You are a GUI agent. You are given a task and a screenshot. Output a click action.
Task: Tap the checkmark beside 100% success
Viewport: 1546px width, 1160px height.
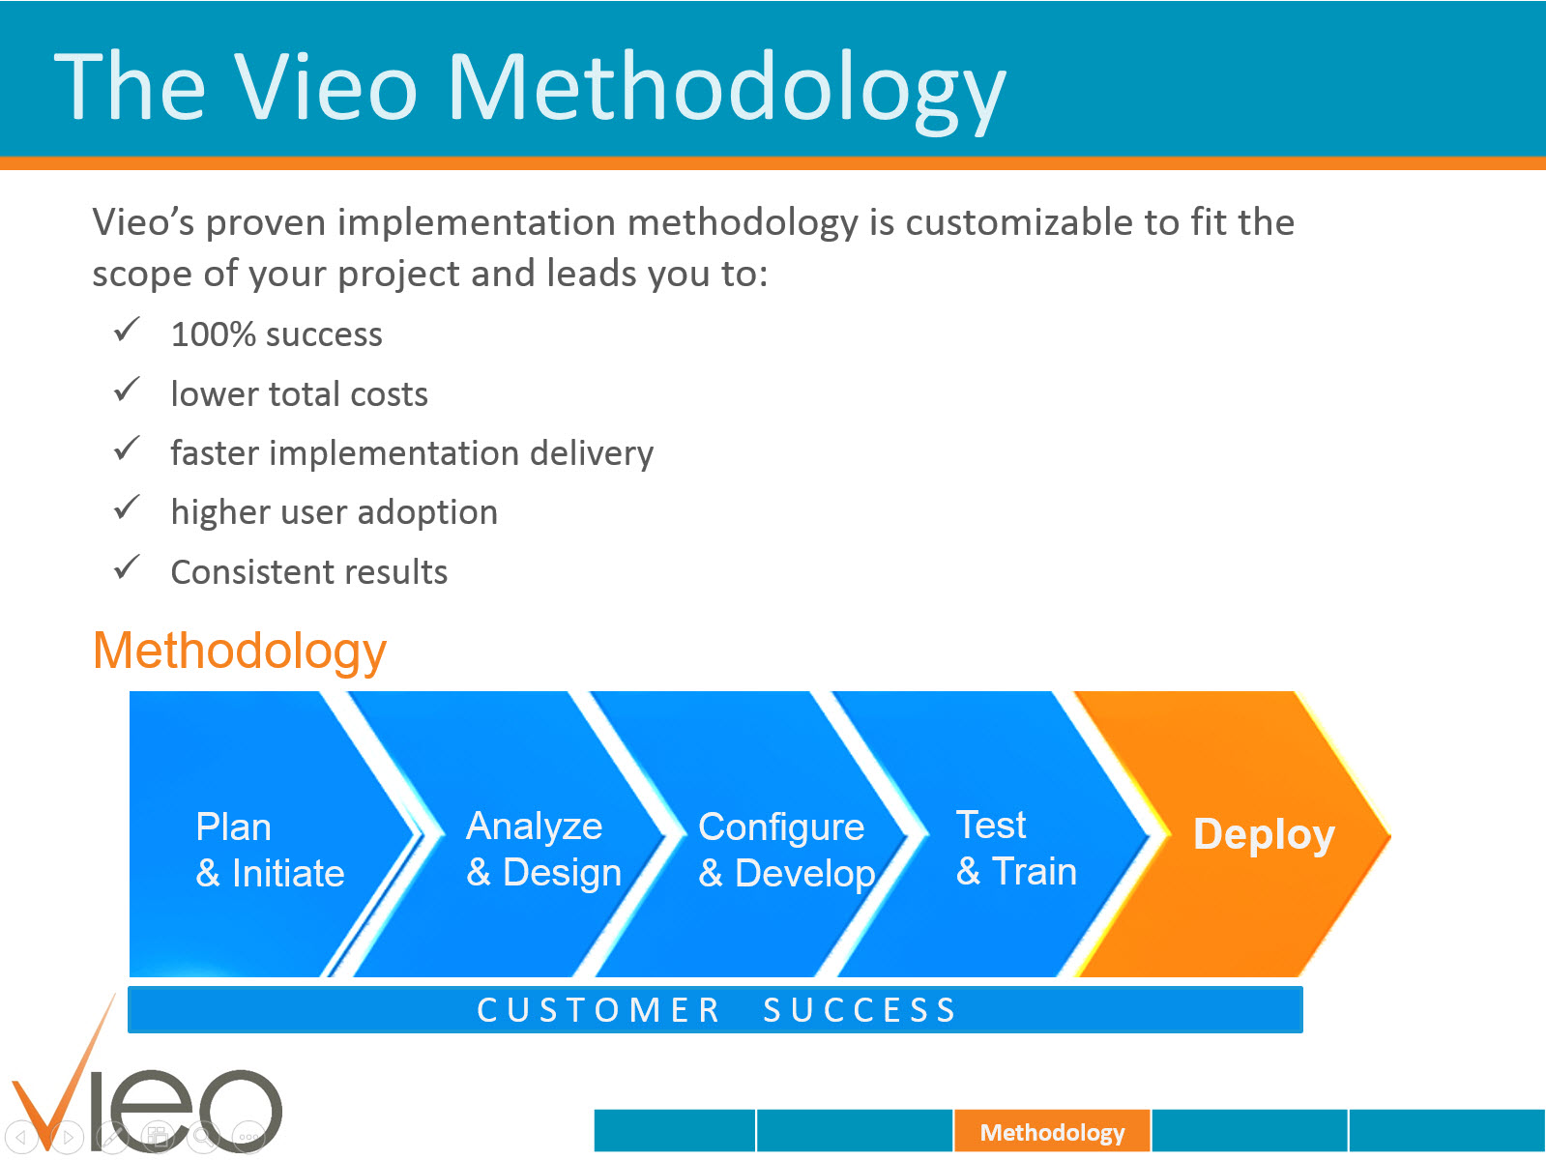(128, 331)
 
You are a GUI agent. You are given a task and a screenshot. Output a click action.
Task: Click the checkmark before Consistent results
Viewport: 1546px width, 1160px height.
(128, 567)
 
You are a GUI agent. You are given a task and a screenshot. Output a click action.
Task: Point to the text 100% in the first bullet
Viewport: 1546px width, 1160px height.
(213, 334)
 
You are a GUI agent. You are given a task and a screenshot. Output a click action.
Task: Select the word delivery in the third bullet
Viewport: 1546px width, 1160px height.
(591, 453)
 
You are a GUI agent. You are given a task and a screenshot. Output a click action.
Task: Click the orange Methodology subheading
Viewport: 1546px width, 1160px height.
(240, 651)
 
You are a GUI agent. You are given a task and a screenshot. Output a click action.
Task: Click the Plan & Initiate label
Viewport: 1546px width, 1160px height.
(269, 850)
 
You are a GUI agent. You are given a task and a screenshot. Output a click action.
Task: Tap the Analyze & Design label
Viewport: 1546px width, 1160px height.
(542, 849)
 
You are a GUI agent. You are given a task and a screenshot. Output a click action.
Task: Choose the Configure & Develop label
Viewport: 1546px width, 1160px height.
(785, 850)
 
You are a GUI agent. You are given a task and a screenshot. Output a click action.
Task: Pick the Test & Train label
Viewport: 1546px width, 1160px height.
(1015, 848)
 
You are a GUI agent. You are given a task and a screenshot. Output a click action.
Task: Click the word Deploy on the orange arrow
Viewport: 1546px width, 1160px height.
(1263, 834)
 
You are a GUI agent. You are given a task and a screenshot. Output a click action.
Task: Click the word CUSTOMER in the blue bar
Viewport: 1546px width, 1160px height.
(598, 1010)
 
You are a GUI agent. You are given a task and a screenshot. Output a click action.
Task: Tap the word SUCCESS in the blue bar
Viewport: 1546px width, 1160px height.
(860, 1010)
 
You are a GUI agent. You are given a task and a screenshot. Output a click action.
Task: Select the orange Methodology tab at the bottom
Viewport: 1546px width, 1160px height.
(1052, 1132)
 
